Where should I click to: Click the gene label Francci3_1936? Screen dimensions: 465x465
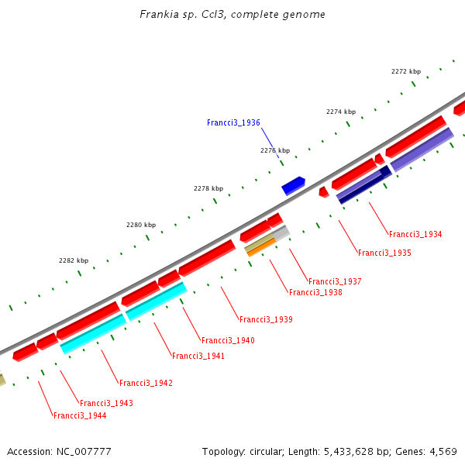click(233, 122)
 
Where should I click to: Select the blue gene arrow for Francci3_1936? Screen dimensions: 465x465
click(293, 185)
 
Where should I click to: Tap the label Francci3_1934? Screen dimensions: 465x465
click(415, 234)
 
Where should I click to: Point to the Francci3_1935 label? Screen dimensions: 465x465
click(384, 253)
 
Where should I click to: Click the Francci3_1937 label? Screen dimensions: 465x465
click(335, 281)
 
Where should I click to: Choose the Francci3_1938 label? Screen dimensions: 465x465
click(315, 292)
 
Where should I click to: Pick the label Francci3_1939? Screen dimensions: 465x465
click(266, 319)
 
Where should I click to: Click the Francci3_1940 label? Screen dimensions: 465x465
click(228, 340)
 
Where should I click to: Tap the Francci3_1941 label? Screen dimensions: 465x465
click(198, 356)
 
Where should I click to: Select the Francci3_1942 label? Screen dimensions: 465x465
click(146, 383)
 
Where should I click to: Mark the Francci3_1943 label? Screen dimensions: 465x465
click(106, 403)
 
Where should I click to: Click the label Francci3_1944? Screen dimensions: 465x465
click(80, 415)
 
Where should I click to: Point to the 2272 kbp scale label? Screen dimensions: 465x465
click(405, 71)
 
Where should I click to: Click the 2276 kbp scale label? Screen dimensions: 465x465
click(275, 150)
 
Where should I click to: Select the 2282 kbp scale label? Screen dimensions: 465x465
click(74, 260)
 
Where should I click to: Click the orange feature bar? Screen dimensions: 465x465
click(261, 247)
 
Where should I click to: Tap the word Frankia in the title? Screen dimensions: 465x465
click(157, 15)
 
